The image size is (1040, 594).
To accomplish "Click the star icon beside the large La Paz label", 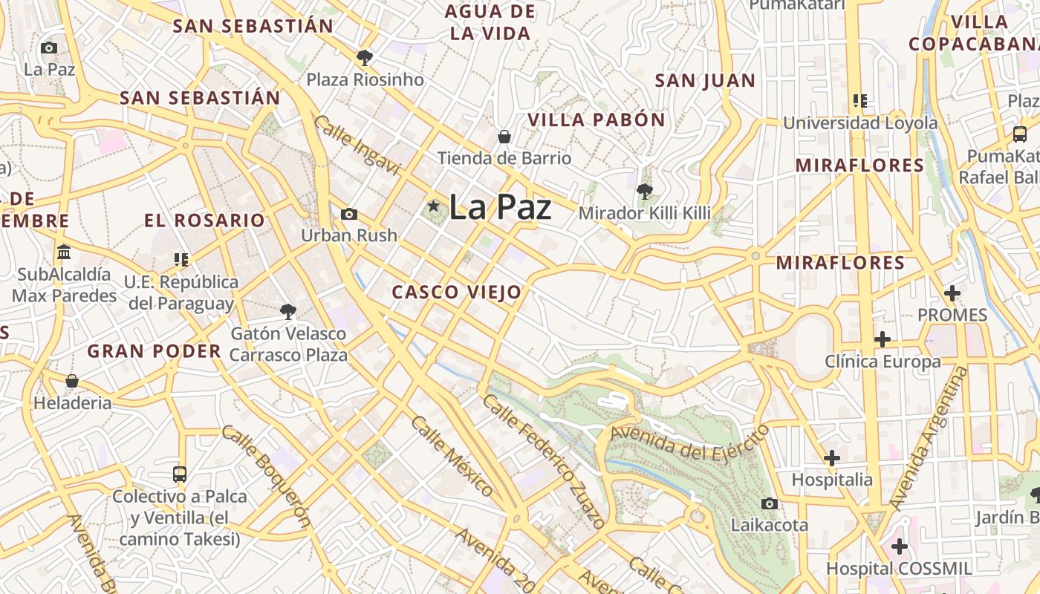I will click(433, 206).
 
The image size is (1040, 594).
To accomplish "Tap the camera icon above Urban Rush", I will click(348, 215).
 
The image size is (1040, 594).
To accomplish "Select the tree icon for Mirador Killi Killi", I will click(644, 192).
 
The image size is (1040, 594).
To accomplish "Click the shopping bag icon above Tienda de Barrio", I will click(504, 137).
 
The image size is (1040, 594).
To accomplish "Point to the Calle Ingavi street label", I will click(357, 146).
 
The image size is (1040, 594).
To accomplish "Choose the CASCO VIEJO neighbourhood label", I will click(457, 293).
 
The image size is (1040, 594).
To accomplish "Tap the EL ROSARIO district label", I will click(204, 221).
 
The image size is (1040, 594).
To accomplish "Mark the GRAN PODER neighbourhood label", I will click(155, 352).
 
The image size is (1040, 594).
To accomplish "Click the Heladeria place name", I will click(72, 403).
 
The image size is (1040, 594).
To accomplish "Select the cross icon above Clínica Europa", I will click(883, 339).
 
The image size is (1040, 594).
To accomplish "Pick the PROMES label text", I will click(952, 315).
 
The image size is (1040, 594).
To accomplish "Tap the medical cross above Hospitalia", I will click(832, 457).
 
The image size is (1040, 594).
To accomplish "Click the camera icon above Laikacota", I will click(770, 503).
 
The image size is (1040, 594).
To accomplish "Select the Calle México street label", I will click(452, 456).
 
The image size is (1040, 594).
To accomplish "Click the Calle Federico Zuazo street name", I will click(545, 461).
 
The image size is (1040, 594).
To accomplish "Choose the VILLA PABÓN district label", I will click(597, 120).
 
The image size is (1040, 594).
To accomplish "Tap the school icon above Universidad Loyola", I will click(860, 100).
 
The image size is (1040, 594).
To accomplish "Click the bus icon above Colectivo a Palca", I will click(179, 474).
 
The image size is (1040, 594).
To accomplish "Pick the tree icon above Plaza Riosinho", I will click(365, 57).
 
